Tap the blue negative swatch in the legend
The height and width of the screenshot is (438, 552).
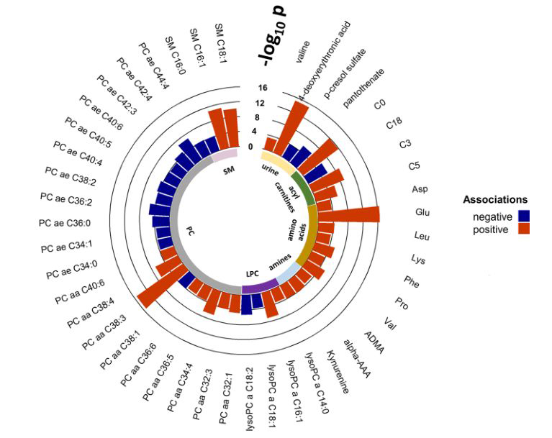[x=523, y=215]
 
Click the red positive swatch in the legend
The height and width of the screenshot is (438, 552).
[x=523, y=229]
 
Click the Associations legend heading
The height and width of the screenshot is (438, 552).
[x=495, y=199]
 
